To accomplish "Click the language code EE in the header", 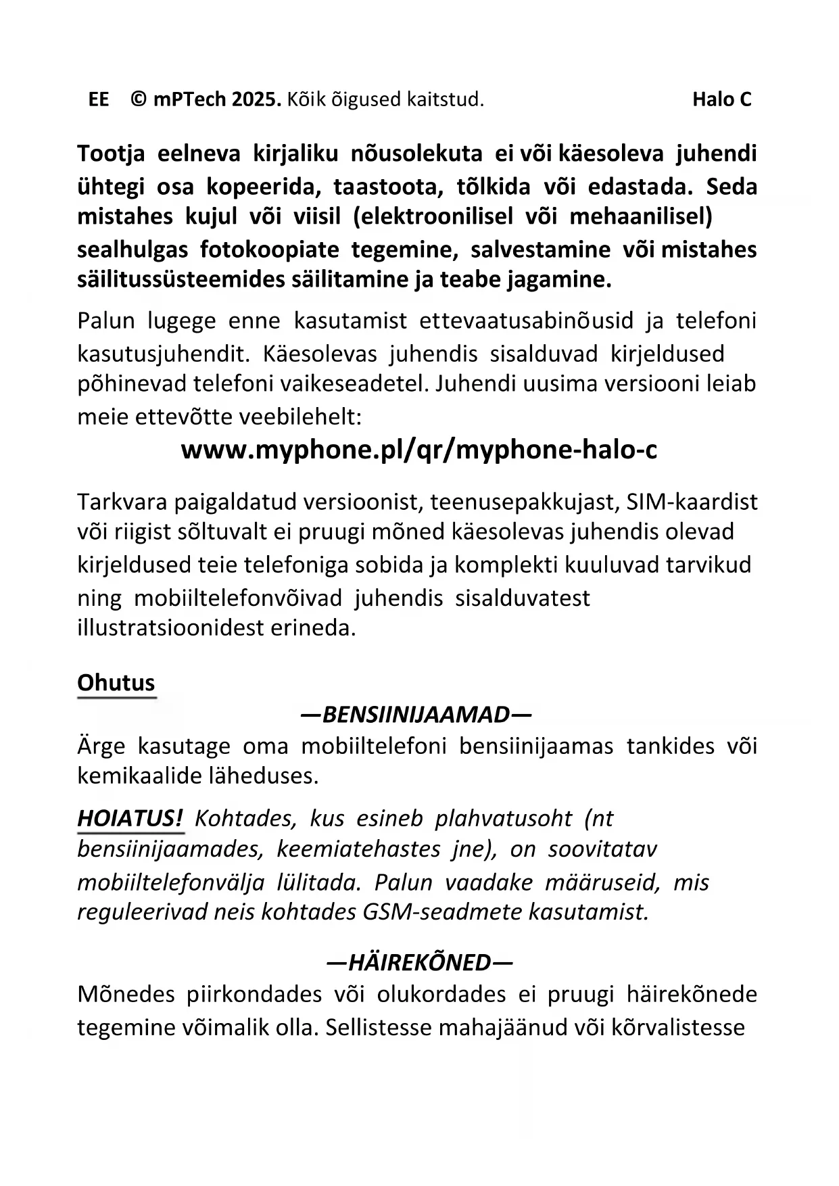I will coord(99,100).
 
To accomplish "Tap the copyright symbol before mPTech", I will coord(139,100).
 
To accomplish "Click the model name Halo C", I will coord(721,100).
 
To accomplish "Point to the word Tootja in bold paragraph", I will coord(111,154).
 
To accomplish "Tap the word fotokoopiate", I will coord(269,250).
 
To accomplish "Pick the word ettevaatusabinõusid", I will coord(527,321).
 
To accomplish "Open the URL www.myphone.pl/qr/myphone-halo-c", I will coord(419,450).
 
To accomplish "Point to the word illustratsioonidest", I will coord(170,628).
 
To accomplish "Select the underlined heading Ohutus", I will coord(116,683).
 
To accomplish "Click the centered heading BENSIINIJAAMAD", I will coord(416,715).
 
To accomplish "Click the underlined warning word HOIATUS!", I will coord(130,819).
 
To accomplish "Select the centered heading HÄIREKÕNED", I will coord(419,962).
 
